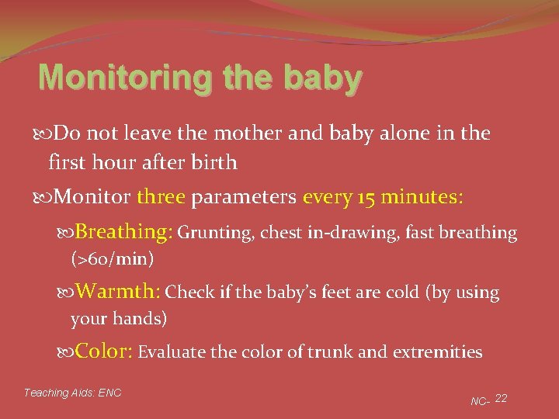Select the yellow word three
[x=161, y=197]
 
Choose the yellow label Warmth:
[x=119, y=292]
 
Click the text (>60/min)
[x=112, y=258]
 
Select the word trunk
[x=332, y=352]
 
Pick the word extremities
[x=437, y=352]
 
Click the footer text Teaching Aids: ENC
[x=73, y=393]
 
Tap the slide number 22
[x=501, y=398]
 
